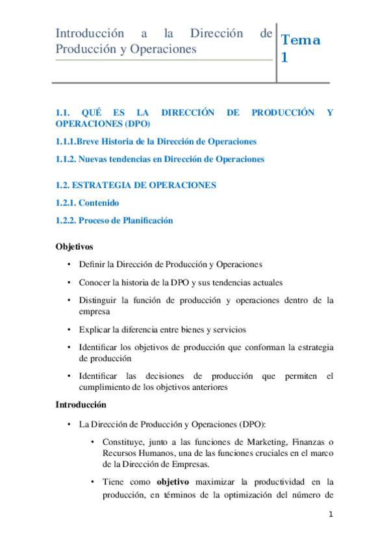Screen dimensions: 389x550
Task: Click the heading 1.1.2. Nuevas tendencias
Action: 160,159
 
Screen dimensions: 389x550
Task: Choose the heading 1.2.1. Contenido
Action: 87,203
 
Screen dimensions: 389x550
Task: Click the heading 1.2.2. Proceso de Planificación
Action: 114,221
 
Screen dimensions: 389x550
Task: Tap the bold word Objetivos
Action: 74,246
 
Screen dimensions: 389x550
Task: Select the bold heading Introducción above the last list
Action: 81,405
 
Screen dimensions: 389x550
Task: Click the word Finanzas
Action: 304,442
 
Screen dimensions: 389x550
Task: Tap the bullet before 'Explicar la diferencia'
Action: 69,329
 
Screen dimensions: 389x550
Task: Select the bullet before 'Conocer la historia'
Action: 69,283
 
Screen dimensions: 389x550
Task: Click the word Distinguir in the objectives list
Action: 98,300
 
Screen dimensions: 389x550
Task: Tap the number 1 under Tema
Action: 284,58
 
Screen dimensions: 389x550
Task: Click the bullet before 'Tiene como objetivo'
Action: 94,482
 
